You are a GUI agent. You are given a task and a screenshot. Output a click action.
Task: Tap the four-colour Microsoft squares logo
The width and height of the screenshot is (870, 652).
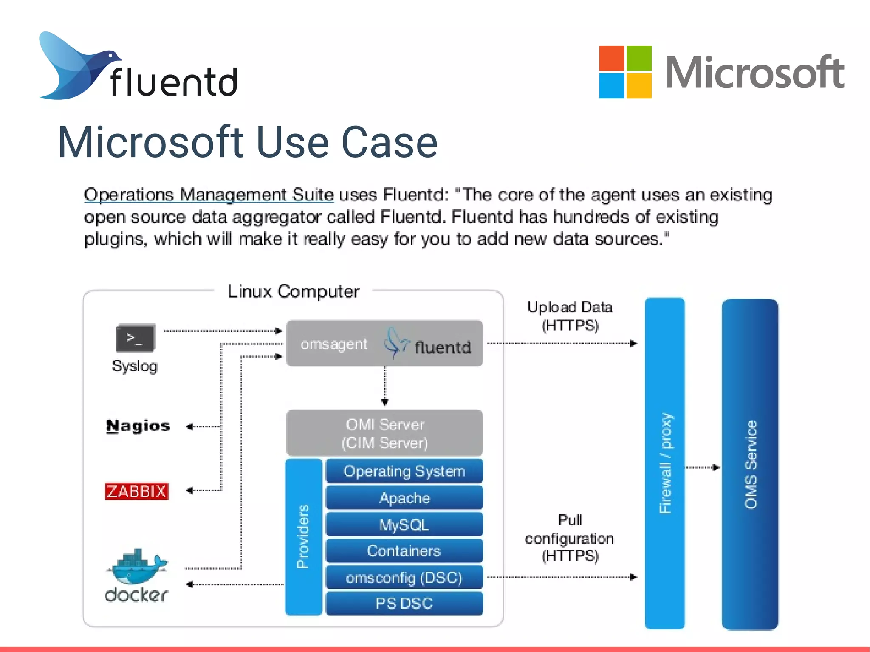click(x=625, y=72)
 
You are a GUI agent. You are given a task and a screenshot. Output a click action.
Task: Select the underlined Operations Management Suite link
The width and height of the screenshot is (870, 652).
click(x=209, y=195)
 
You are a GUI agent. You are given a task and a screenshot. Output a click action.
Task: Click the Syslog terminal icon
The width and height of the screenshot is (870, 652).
click(x=136, y=338)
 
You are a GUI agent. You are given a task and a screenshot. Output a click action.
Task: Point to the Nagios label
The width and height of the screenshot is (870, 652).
click(x=138, y=426)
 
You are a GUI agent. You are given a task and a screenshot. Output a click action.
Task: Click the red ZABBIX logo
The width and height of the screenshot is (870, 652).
click(x=136, y=491)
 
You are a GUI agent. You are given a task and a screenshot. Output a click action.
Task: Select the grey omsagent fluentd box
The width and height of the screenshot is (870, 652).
click(x=384, y=343)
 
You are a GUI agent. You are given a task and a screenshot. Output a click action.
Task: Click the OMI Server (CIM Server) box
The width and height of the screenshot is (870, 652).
click(x=384, y=433)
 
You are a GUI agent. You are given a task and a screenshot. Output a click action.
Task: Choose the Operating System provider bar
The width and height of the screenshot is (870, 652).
click(x=404, y=471)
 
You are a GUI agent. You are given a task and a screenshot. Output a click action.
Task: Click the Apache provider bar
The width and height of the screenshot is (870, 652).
click(x=404, y=498)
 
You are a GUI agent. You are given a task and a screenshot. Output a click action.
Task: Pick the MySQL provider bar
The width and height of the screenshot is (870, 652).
click(x=404, y=525)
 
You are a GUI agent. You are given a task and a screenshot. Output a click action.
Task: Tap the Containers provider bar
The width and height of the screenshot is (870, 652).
click(x=404, y=551)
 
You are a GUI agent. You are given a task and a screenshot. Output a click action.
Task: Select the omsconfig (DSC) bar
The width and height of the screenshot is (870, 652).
click(x=404, y=578)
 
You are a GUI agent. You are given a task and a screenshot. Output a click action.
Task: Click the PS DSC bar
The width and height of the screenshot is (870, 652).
click(x=404, y=603)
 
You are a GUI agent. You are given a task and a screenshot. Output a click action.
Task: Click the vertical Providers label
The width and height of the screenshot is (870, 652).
click(x=303, y=536)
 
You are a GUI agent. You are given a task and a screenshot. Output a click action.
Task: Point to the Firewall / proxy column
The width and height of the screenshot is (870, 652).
click(x=665, y=463)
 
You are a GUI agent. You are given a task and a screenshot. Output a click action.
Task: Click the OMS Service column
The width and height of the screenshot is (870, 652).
click(x=750, y=464)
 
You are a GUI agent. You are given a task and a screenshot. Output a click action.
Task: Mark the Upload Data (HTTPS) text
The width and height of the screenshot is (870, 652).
click(x=570, y=316)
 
